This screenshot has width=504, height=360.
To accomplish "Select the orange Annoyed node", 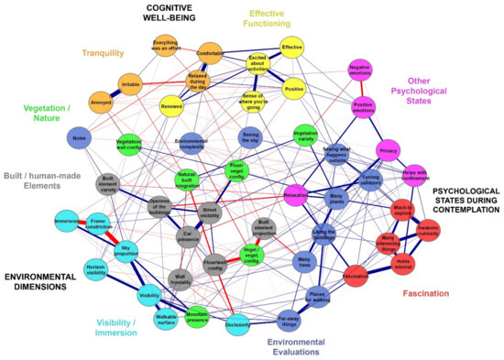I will click(101, 100).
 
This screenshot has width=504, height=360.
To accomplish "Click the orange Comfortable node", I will click(210, 54).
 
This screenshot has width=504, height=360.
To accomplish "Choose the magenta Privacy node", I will click(388, 150).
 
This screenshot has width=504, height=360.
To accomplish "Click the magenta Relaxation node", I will click(295, 195).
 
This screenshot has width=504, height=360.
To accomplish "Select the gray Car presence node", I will click(188, 235).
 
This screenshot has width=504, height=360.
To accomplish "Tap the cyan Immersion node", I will click(67, 223).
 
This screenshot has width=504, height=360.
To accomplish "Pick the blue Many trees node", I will click(305, 262).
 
